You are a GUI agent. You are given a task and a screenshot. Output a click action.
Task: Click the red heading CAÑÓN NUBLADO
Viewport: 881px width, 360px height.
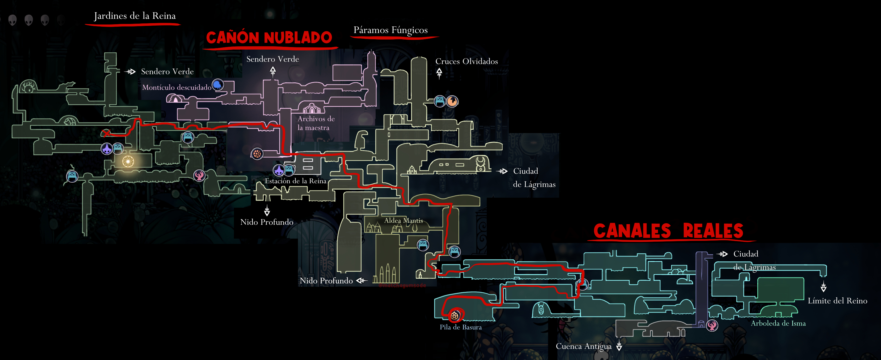pos(269,38)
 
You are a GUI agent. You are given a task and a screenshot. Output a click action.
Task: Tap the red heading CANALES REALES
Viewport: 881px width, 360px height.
pos(668,231)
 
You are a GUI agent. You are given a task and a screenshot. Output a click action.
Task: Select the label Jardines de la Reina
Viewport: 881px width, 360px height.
pos(135,16)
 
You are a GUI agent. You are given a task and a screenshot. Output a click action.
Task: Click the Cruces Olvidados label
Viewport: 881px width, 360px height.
pos(466,62)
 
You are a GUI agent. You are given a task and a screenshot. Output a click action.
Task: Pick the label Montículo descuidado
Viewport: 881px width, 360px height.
pos(177,87)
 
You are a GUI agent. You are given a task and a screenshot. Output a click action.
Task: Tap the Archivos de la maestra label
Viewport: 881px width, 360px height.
pos(316,123)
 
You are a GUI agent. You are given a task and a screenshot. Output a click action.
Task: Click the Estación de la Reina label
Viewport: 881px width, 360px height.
pos(295,181)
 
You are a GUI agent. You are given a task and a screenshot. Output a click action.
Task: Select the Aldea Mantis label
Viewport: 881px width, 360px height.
pos(403,221)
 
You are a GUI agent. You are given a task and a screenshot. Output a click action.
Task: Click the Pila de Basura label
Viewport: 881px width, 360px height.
pos(460,327)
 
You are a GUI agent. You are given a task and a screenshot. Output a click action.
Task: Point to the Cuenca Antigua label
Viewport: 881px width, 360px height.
pos(583,346)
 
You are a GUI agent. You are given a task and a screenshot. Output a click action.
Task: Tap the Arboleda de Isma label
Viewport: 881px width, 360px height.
pos(778,324)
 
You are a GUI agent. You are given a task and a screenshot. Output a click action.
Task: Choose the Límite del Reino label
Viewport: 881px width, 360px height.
pos(837,301)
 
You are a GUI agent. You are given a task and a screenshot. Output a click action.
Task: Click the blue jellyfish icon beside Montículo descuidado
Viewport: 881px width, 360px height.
pos(217,84)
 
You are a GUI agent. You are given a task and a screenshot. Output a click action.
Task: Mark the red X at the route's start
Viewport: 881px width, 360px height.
pos(106,133)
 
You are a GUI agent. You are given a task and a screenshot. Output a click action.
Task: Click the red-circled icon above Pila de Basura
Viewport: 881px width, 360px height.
pos(454,315)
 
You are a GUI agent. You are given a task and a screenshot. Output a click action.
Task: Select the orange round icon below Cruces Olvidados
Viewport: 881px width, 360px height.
pos(452,101)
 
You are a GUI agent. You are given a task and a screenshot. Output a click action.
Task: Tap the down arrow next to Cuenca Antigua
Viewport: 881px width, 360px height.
pos(619,346)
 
